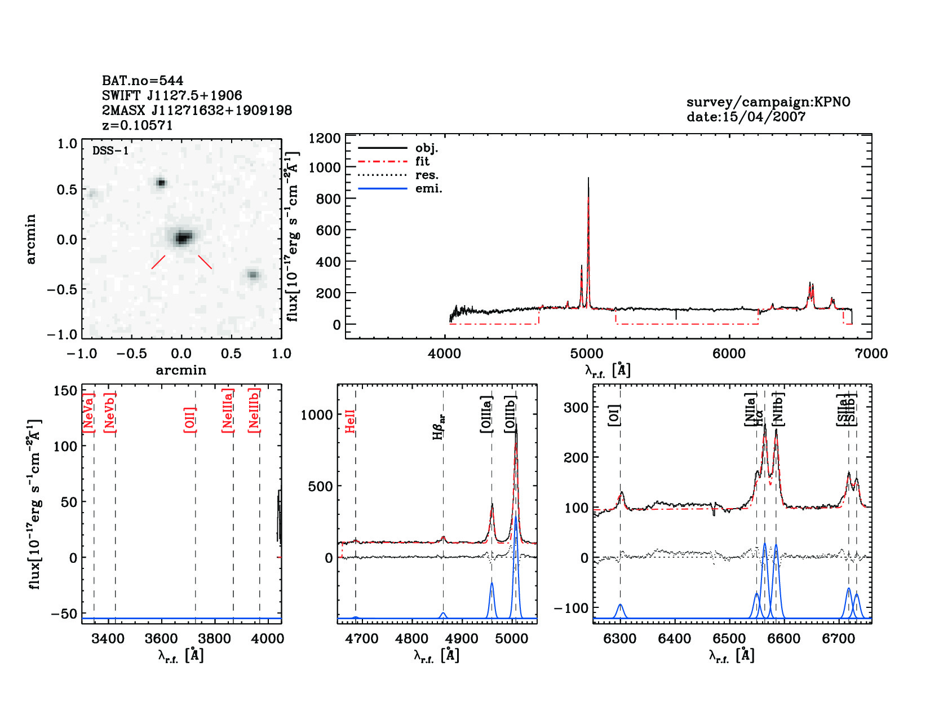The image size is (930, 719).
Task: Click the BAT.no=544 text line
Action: click(x=143, y=81)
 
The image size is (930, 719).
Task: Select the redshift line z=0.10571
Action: click(x=138, y=125)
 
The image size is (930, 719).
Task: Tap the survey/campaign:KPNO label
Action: click(x=768, y=102)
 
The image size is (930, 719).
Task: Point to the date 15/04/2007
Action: click(x=746, y=117)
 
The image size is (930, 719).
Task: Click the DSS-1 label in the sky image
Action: click(x=110, y=151)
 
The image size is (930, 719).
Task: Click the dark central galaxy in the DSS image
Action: click(x=181, y=238)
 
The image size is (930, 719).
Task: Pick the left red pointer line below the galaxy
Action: click(x=158, y=262)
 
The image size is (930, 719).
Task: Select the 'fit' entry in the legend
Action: click(x=422, y=161)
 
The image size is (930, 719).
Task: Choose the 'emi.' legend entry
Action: click(x=428, y=188)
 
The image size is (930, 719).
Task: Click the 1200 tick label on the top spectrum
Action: click(x=325, y=139)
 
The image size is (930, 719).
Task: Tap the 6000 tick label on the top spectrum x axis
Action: click(x=729, y=354)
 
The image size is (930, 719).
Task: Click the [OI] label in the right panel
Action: click(x=614, y=415)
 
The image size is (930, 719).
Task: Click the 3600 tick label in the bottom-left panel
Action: click(x=161, y=639)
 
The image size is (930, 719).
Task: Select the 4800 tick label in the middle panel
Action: click(x=412, y=639)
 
